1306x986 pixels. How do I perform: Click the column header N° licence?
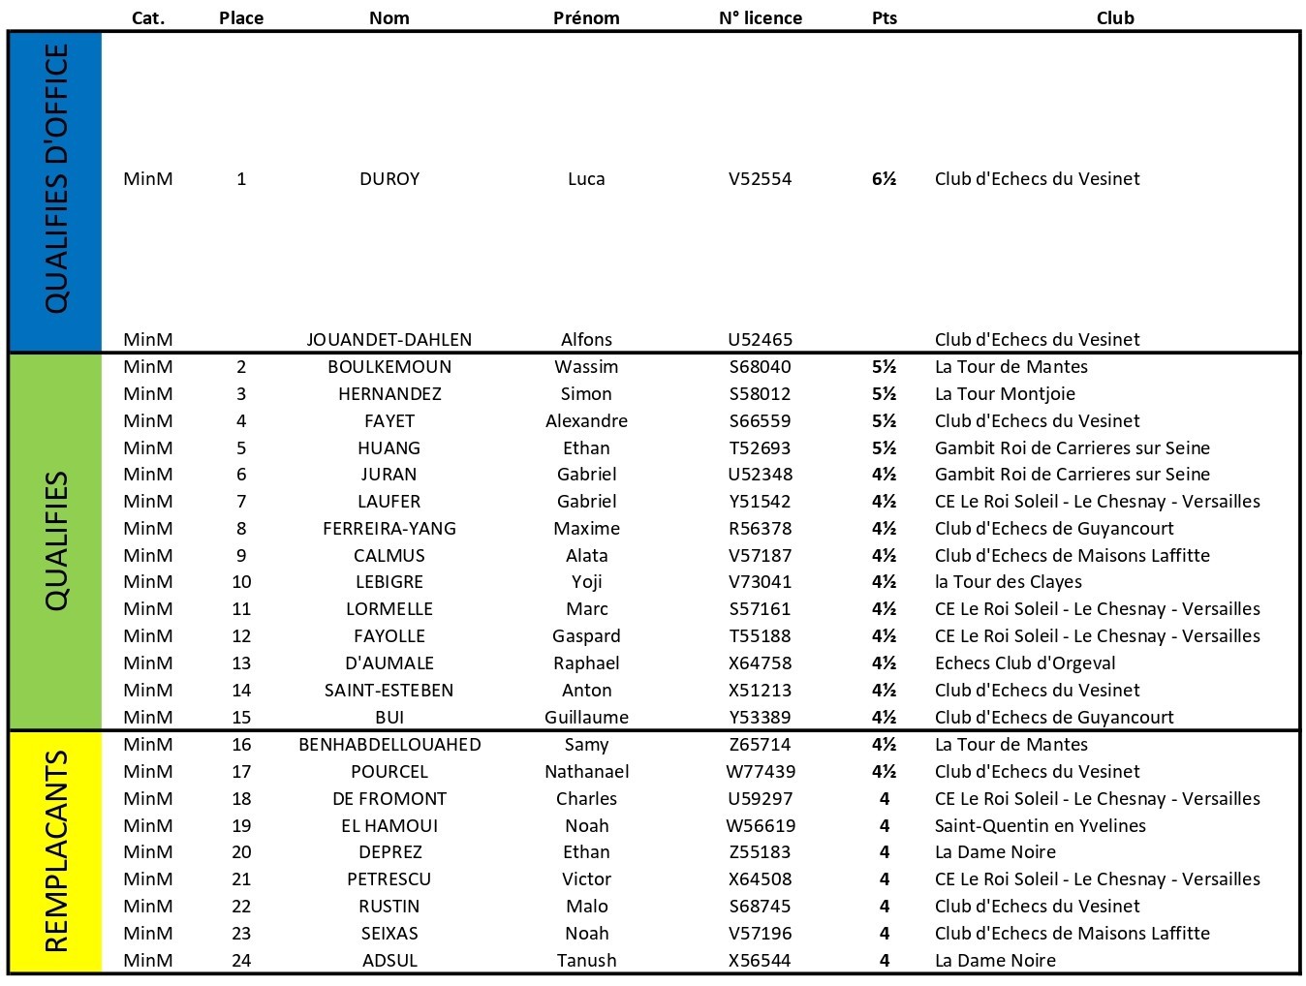click(760, 17)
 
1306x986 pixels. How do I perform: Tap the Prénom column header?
click(586, 17)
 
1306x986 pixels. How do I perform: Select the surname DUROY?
click(389, 178)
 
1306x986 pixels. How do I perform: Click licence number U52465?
click(760, 339)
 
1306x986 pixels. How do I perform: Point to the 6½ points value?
click(884, 178)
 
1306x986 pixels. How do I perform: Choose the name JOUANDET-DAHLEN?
click(389, 339)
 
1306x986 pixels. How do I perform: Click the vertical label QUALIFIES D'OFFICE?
click(56, 178)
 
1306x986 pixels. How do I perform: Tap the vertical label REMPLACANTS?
click(56, 851)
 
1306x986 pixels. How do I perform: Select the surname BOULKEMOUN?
click(389, 366)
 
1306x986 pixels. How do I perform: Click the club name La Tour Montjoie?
click(1005, 393)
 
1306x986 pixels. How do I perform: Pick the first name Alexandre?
click(586, 420)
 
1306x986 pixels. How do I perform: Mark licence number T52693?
click(760, 447)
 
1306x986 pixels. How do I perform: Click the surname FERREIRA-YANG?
click(389, 528)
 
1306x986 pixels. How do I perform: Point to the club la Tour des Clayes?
click(1008, 582)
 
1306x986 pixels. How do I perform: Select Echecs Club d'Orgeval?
click(1025, 662)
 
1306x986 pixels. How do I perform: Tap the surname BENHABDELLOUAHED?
click(389, 744)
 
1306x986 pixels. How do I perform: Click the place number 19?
click(241, 825)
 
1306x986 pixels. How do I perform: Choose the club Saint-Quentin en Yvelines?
click(1040, 825)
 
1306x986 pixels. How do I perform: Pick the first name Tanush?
click(586, 960)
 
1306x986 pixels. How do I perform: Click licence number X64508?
click(760, 878)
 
